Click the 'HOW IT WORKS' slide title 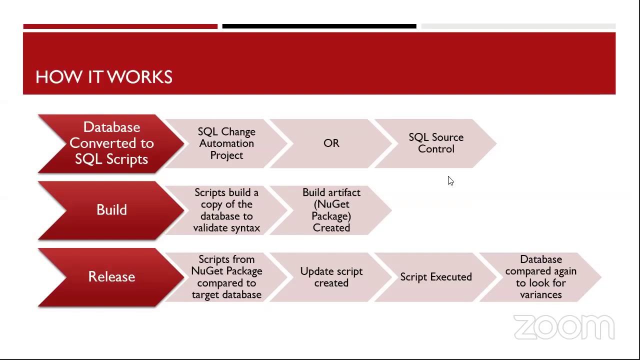(104, 77)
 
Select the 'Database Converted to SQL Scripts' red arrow (111, 143)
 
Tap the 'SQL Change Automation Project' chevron (226, 143)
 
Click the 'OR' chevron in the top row (331, 143)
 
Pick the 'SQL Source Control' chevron (436, 143)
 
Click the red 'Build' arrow (111, 210)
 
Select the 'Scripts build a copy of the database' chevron (226, 210)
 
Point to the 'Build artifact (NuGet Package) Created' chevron (331, 210)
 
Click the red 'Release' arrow (111, 276)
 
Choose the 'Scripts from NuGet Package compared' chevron (226, 277)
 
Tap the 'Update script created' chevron (331, 277)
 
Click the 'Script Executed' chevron (436, 277)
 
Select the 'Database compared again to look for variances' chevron (540, 277)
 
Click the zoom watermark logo (564, 327)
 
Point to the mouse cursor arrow (450, 180)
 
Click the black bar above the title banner (319, 26)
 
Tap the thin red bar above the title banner (120, 26)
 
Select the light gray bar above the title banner (518, 26)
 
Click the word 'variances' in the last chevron (540, 295)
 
